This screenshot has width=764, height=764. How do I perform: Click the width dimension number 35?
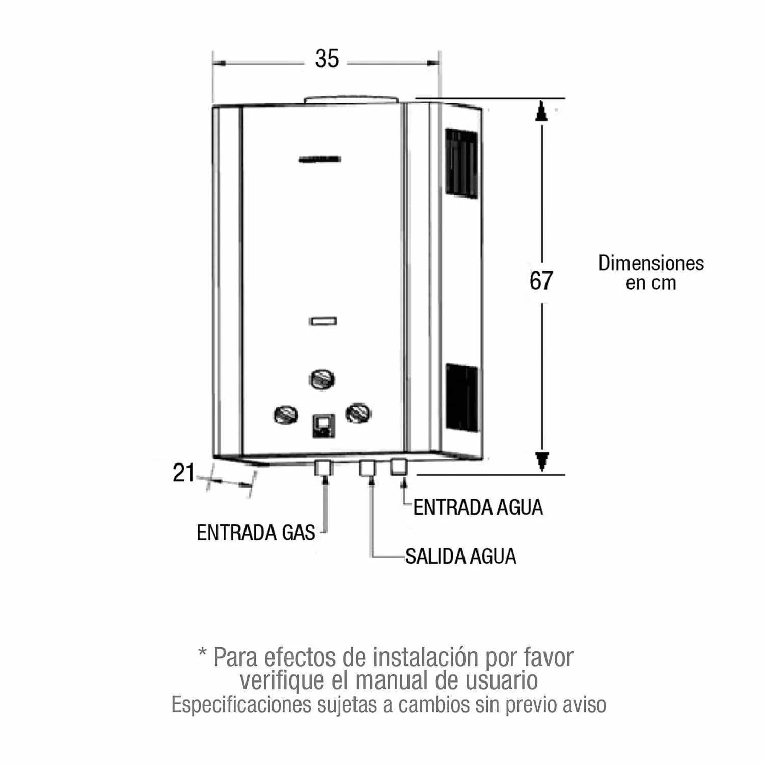click(x=326, y=59)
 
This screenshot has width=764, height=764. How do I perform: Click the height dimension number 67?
click(x=541, y=281)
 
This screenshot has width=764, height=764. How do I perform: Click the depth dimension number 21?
click(x=183, y=473)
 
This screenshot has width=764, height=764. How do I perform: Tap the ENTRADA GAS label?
click(x=256, y=533)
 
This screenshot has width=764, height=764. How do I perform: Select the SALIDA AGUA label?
click(x=460, y=556)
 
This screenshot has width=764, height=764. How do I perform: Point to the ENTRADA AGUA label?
click(x=478, y=508)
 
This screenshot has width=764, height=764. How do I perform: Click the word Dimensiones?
click(x=651, y=263)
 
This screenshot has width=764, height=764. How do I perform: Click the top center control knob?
click(x=322, y=379)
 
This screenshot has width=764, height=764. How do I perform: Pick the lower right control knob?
click(x=359, y=413)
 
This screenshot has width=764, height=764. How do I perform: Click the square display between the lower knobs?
click(x=323, y=425)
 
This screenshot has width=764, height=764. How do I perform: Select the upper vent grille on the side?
click(x=462, y=162)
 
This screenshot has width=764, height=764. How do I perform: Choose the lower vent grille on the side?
click(x=462, y=397)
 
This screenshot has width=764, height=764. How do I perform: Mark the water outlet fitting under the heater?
click(x=367, y=468)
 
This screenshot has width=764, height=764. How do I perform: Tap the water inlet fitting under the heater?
click(x=399, y=467)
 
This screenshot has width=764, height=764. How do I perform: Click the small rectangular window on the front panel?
click(x=323, y=321)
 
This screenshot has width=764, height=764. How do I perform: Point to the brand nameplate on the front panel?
click(x=320, y=160)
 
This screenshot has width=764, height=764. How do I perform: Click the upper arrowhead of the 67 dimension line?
click(x=542, y=111)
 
